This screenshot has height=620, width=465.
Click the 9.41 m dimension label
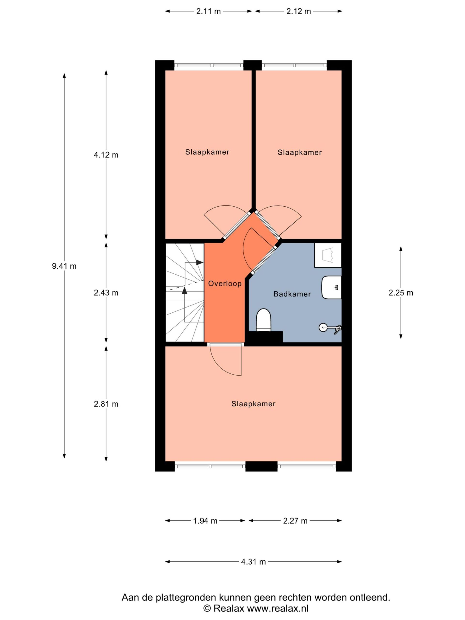(x=64, y=266)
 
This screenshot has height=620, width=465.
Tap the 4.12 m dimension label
(x=106, y=155)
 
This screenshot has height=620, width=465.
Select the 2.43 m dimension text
(x=106, y=293)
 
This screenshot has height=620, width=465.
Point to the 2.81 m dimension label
(x=106, y=404)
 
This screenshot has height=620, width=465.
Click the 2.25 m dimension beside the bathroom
(x=401, y=293)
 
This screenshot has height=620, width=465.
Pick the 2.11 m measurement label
(x=208, y=11)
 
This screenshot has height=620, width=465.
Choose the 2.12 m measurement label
(x=299, y=11)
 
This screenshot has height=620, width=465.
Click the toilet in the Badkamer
(x=264, y=320)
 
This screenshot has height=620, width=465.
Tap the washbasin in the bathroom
(x=332, y=287)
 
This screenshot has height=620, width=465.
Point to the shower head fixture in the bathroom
(x=330, y=328)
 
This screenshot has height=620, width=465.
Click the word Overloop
(x=225, y=284)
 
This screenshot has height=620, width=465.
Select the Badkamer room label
(x=292, y=294)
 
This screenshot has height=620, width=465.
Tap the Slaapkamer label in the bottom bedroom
(x=253, y=404)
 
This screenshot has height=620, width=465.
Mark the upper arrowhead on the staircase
(x=200, y=262)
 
